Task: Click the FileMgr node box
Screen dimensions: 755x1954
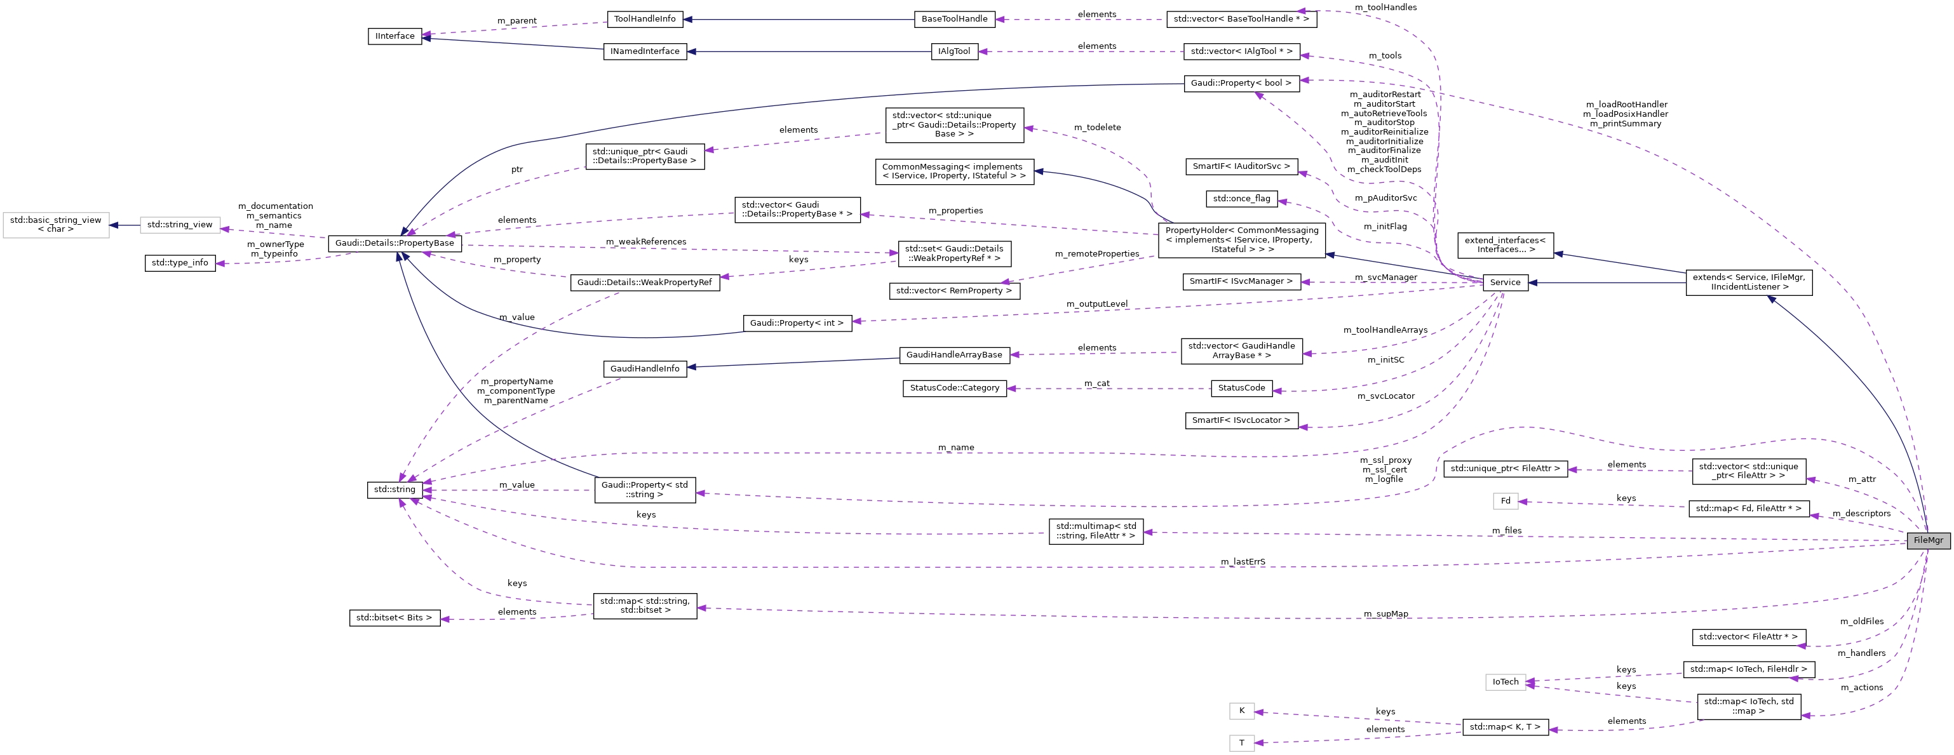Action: click(x=1927, y=540)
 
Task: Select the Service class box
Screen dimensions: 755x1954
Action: click(x=1505, y=282)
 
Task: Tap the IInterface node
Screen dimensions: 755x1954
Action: click(x=395, y=36)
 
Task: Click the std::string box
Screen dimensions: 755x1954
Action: click(x=394, y=490)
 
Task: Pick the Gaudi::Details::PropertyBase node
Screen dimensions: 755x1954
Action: click(x=394, y=243)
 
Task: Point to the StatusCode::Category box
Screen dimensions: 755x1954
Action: click(x=954, y=388)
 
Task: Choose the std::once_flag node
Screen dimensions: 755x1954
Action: click(x=1241, y=199)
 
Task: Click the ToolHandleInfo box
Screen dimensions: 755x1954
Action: click(x=645, y=19)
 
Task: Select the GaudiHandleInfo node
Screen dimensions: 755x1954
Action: click(x=645, y=368)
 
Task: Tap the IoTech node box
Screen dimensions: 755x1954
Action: click(x=1505, y=682)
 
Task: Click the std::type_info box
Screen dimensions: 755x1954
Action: click(x=180, y=263)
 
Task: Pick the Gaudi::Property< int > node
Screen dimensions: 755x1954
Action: click(x=797, y=323)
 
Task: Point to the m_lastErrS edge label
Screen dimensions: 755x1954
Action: click(x=1243, y=562)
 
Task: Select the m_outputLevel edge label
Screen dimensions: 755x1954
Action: click(x=1097, y=304)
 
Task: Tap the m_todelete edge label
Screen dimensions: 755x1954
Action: click(x=1097, y=128)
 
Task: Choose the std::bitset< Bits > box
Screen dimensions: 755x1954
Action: click(x=394, y=618)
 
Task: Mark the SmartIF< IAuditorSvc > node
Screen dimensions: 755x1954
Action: click(x=1241, y=166)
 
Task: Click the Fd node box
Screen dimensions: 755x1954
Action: click(x=1505, y=500)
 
